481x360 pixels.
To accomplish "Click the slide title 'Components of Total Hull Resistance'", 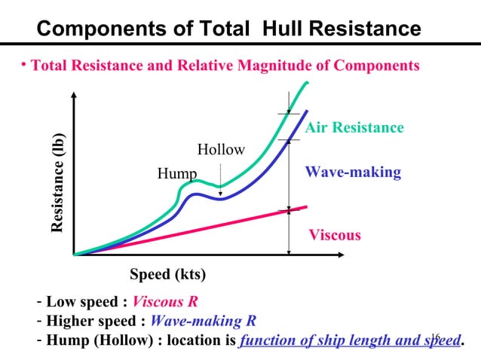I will tap(228, 29).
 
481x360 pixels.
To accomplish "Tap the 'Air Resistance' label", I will tap(354, 128).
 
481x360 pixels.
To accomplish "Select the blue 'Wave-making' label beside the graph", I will tap(353, 172).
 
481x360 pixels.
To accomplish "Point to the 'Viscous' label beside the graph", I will tap(335, 235).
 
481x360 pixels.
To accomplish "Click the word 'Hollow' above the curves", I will tap(221, 149).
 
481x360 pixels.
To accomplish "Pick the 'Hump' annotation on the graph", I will tap(176, 175).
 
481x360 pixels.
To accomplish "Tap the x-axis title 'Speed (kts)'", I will tap(168, 273).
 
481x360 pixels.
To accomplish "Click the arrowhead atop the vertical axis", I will tap(75, 96).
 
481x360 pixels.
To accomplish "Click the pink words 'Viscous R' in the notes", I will tap(164, 303).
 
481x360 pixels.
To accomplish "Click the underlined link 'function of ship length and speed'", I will tap(349, 340).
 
